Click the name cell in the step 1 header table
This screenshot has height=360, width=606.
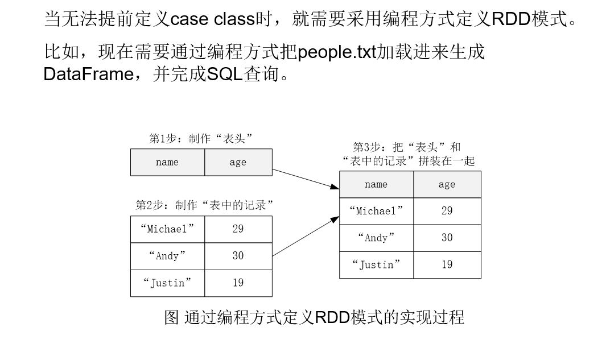tap(167, 163)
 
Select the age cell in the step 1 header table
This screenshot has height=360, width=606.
tap(238, 163)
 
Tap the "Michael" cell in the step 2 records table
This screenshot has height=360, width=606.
tap(167, 229)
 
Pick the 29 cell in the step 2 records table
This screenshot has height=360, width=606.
tap(238, 229)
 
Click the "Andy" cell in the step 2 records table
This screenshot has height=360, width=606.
tap(167, 256)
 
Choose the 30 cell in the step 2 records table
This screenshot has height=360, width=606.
tap(238, 256)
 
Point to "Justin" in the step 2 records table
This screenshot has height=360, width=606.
tap(167, 283)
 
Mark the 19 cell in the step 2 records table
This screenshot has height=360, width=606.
tap(238, 283)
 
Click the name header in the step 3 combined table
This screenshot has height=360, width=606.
tap(376, 184)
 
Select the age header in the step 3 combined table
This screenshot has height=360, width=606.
tap(447, 184)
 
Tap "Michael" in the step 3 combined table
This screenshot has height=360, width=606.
tap(376, 211)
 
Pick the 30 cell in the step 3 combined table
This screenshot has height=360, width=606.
tap(447, 238)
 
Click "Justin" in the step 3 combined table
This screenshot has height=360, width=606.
tap(376, 265)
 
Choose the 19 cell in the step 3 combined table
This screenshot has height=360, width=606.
tap(447, 265)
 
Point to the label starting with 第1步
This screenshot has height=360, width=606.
tap(200, 139)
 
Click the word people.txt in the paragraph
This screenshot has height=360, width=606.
tap(337, 52)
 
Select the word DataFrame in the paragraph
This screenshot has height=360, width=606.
tap(88, 75)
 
